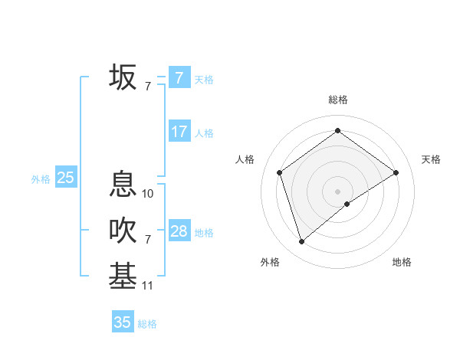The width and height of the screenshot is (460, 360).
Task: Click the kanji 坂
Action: point(123,77)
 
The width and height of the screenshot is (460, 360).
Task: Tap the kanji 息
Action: point(123,184)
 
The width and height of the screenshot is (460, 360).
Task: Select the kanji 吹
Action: point(123,231)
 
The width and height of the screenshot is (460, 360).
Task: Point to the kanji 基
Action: point(123,277)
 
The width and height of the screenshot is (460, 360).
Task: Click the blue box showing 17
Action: point(179,132)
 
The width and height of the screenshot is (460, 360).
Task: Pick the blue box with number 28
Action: point(179,231)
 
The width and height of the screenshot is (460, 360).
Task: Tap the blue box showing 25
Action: point(65,178)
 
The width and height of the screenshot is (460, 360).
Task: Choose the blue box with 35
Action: point(123,322)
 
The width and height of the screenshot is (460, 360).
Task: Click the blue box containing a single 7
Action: point(179,78)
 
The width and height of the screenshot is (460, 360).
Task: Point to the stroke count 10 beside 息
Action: point(148,194)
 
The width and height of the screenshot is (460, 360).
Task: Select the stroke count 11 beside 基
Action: point(148,286)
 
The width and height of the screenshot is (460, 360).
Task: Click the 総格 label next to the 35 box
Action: point(147,324)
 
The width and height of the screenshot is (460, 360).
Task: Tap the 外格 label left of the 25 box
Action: point(41,179)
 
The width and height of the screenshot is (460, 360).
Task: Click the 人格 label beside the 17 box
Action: point(204,133)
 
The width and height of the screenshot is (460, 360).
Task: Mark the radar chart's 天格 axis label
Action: point(431,159)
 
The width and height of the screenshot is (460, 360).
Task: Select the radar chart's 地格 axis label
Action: point(402,263)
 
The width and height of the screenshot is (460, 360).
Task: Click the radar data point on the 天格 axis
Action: point(396,172)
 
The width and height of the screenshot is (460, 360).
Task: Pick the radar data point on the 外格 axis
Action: point(302,242)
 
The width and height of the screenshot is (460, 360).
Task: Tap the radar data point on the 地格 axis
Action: point(347,204)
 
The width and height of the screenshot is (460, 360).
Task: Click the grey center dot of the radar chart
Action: point(337,191)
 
